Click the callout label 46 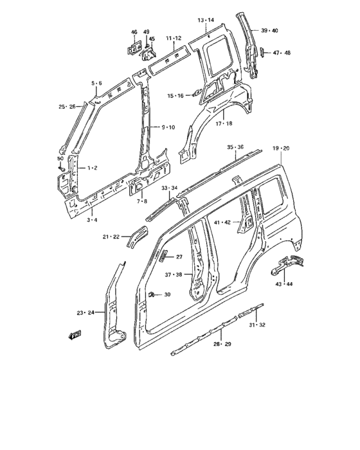[134, 32]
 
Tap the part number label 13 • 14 [206, 21]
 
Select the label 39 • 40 [269, 31]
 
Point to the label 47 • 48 [282, 53]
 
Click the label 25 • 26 [67, 106]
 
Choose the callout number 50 [60, 158]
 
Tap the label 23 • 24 [85, 313]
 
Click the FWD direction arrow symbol [75, 335]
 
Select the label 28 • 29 [222, 345]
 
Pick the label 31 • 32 [256, 325]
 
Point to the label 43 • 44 [284, 283]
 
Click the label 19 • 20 [280, 148]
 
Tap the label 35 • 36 [235, 147]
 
